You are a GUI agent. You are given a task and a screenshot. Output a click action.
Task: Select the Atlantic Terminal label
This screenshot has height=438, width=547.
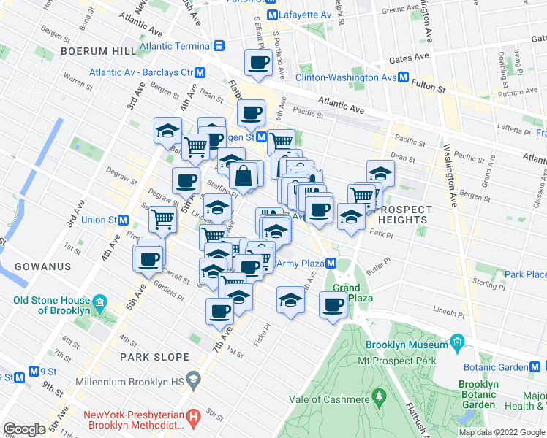[175, 45]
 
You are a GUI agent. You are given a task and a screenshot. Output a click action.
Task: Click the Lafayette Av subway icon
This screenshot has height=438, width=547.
[272, 15]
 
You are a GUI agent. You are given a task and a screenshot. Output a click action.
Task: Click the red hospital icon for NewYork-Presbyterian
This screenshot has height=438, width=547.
[194, 417]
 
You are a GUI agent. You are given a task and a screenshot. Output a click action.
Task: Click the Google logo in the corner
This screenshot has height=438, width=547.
[24, 429]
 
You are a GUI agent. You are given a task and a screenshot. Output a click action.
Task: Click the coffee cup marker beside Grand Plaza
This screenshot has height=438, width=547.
[333, 305]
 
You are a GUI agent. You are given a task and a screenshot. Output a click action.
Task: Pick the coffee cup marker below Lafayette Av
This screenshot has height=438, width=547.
[258, 63]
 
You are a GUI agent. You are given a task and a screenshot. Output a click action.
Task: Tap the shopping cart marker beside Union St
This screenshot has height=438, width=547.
[162, 218]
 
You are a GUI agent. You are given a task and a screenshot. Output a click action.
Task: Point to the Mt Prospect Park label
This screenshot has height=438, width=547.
[396, 361]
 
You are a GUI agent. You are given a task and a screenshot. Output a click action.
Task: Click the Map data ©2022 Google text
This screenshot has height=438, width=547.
[502, 431]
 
